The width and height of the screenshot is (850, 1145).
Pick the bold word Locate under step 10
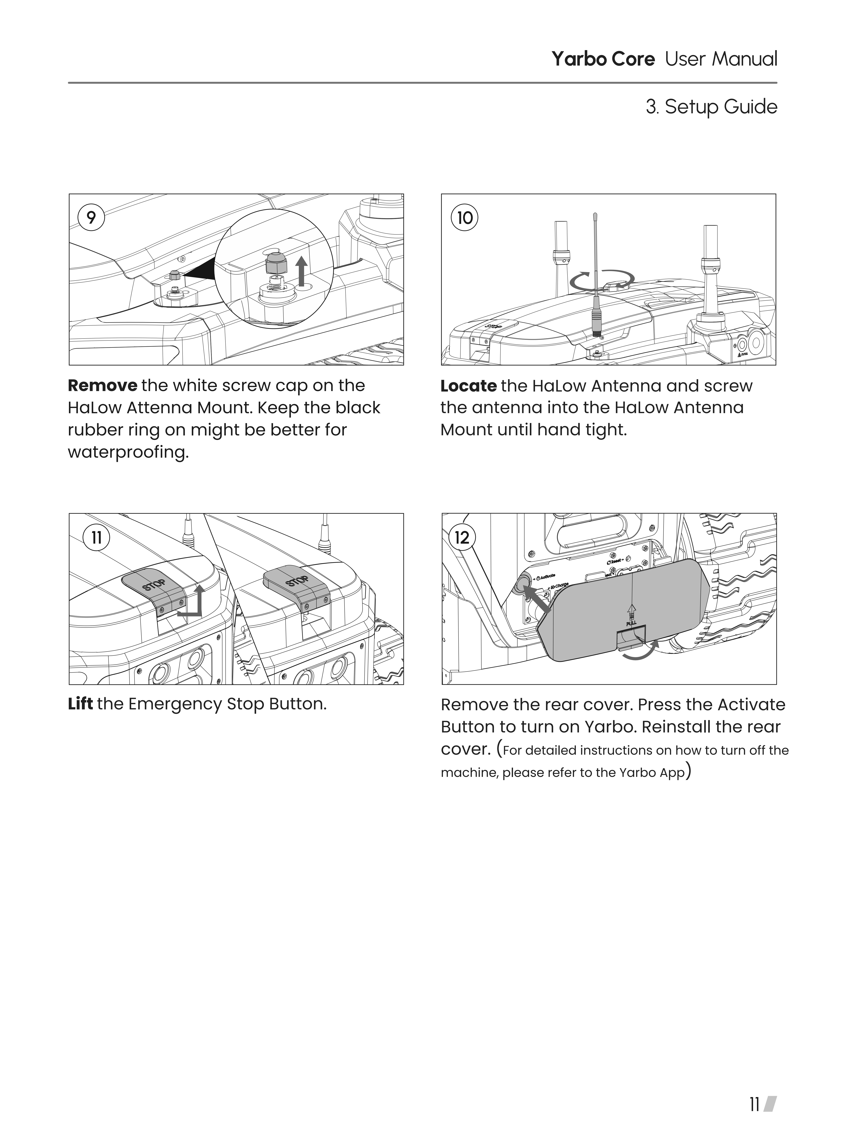468,386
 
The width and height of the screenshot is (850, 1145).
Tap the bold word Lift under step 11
80,704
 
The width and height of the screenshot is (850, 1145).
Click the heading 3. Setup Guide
711,107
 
